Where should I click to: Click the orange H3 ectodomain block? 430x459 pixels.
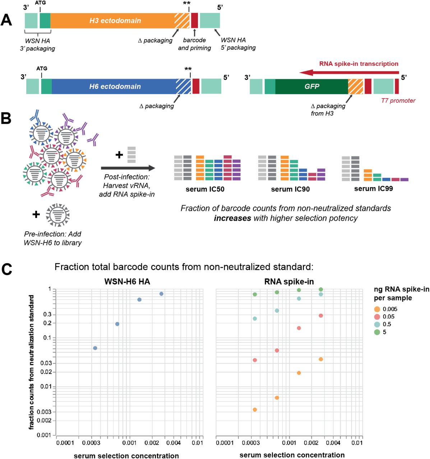click(115, 21)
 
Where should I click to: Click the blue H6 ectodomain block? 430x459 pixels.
click(115, 86)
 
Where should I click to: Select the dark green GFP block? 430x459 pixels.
click(311, 86)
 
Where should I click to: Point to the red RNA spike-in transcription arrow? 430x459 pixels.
click(348, 73)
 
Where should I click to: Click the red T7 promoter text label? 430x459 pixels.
click(398, 101)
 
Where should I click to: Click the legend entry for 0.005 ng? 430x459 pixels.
click(390, 309)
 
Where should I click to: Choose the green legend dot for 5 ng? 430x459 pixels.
click(377, 332)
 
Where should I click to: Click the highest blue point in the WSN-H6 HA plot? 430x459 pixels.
click(161, 294)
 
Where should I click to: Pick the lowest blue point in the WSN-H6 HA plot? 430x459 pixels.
click(95, 348)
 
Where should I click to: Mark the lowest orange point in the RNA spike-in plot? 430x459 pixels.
click(255, 410)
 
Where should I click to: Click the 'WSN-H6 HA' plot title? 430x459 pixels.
click(127, 282)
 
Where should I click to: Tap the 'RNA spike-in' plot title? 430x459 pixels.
click(289, 282)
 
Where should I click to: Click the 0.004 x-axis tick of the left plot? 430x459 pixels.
click(174, 443)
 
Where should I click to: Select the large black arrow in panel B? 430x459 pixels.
click(128, 168)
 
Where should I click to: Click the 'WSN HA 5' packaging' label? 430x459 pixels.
click(238, 44)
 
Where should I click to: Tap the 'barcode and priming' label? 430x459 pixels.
click(194, 44)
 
